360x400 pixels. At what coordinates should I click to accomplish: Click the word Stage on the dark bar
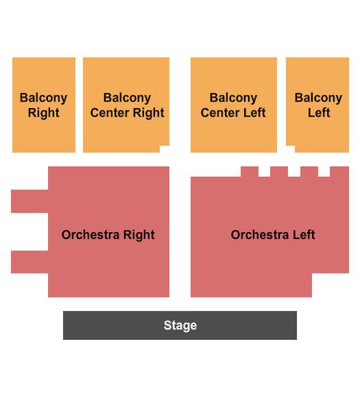coord(180,326)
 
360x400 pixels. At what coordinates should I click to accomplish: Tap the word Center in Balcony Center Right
coord(110,112)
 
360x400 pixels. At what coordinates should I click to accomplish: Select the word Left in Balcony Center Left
coord(254,112)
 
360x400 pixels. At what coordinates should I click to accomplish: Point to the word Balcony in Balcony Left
coord(318,98)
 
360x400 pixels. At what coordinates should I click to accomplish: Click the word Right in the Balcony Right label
coord(44,113)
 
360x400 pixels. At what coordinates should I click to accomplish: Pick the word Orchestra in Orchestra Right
coord(90,234)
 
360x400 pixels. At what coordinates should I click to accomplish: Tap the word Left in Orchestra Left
coord(304,234)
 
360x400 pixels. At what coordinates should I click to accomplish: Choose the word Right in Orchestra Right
coord(139,235)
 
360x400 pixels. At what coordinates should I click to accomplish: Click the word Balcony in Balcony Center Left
coord(234,98)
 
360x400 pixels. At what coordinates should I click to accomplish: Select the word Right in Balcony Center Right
coord(149,113)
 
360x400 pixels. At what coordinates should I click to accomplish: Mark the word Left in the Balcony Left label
coord(319,112)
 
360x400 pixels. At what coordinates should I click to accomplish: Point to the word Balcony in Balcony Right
coord(43,98)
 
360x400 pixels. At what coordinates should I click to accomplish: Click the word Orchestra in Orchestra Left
coord(260,234)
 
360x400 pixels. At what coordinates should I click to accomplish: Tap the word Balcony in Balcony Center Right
coord(127,98)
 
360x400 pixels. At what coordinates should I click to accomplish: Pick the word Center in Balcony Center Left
coord(220,112)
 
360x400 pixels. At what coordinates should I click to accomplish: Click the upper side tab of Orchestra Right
coord(30,202)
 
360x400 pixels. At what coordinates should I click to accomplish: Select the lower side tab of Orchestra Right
coord(30,262)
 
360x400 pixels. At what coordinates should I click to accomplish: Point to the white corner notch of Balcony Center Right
coord(165,149)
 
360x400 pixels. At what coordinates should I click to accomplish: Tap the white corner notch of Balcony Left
coord(290,149)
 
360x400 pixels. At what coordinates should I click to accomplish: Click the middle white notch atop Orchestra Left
coord(294,171)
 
